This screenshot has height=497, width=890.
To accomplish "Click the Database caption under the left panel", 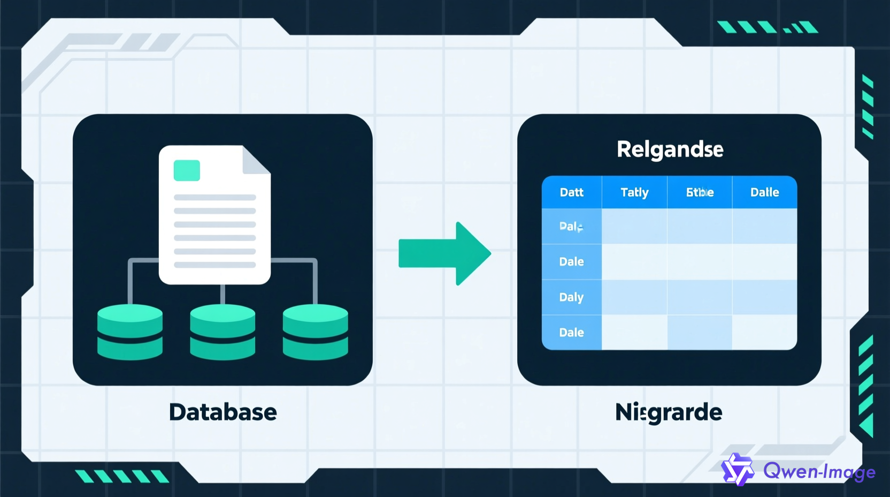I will [x=223, y=412].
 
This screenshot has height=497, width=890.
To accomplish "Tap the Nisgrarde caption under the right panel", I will [x=669, y=412].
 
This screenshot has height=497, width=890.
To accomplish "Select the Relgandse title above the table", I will [x=670, y=149].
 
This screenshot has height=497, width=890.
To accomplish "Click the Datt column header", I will [x=571, y=192].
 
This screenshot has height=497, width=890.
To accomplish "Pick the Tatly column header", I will [x=634, y=192].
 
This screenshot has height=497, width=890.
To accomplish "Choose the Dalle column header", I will [x=764, y=192].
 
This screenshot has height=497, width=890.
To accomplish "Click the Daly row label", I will [x=571, y=297].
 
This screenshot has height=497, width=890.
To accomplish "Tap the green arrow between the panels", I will [x=444, y=253].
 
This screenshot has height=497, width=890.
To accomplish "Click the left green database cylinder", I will [x=130, y=332].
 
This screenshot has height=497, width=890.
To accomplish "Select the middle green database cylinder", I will [x=223, y=332].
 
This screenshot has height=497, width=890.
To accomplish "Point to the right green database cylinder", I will [x=316, y=332].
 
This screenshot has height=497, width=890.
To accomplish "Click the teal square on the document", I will [x=187, y=170].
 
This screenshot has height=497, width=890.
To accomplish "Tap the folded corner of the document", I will [x=256, y=160].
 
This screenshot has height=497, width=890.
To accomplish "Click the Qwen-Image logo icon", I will [x=738, y=470].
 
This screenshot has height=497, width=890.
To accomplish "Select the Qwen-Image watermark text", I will [x=819, y=471].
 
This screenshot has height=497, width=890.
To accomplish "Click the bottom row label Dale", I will [x=571, y=333].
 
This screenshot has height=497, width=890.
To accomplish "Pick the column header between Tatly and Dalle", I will [x=700, y=192].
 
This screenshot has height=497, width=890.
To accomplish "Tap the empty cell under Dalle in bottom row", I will [x=764, y=333].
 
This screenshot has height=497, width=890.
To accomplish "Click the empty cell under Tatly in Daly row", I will [x=634, y=297].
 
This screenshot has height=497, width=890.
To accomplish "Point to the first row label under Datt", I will [x=571, y=227].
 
